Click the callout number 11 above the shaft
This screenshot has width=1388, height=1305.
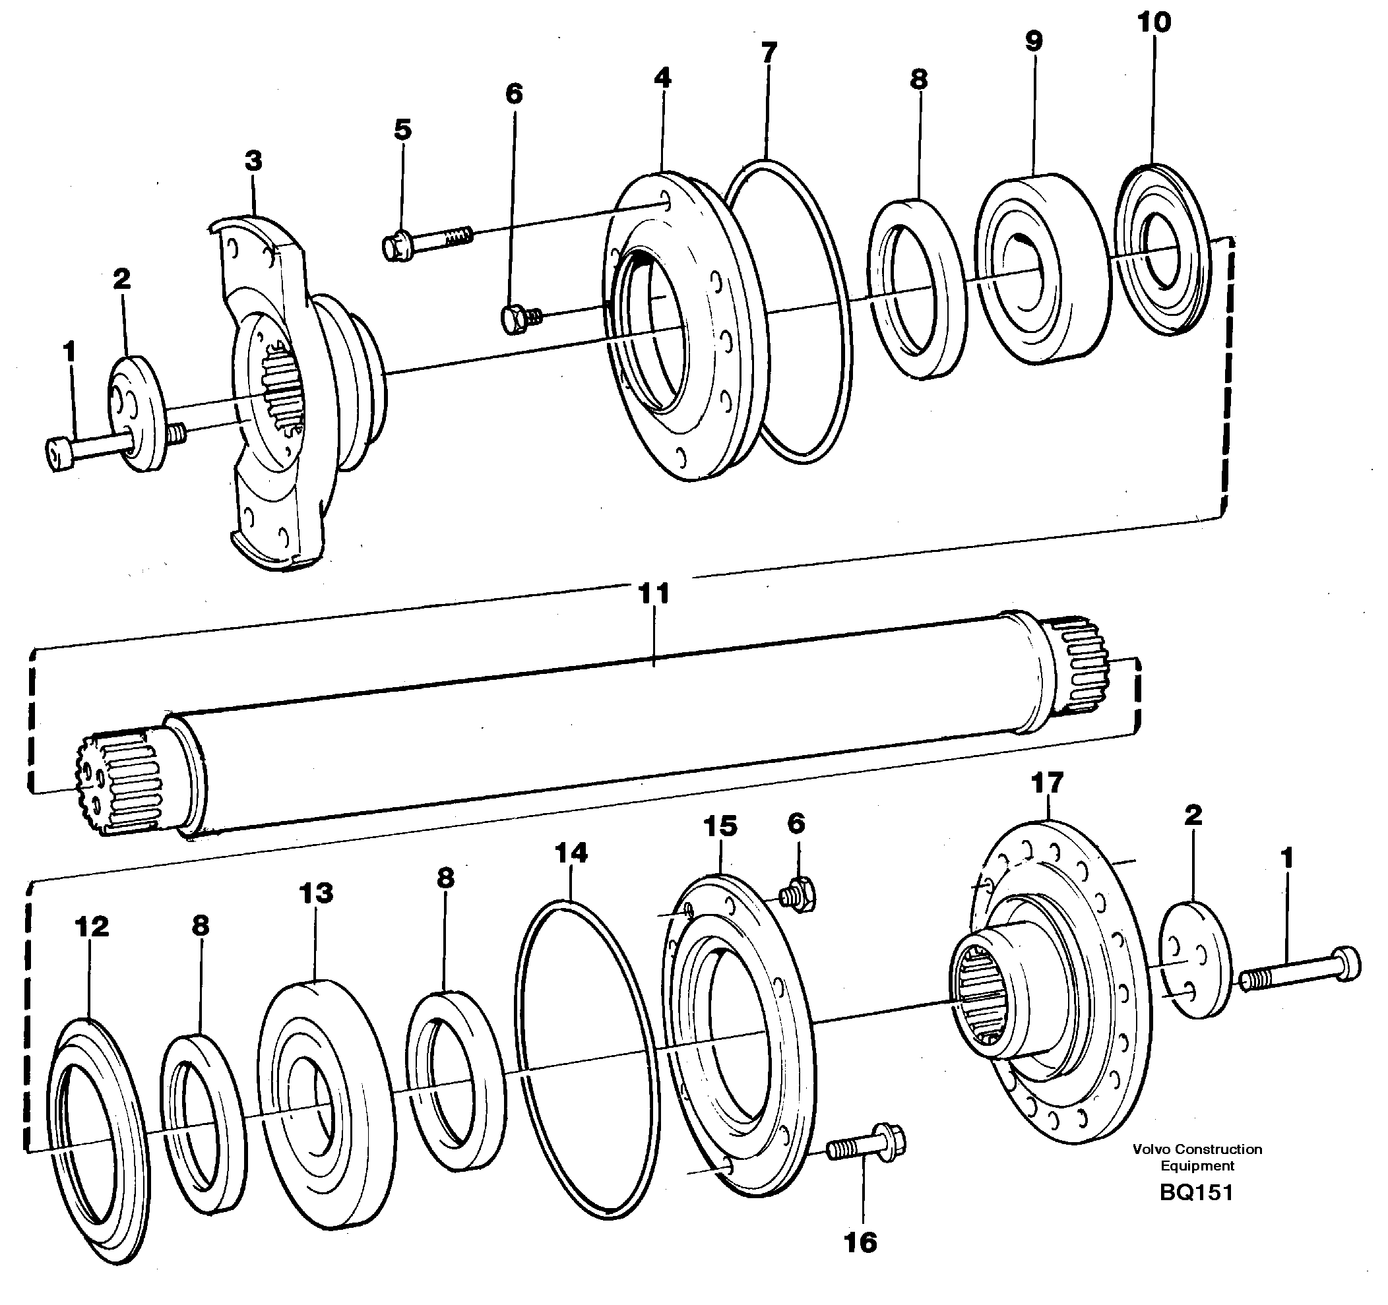(x=654, y=594)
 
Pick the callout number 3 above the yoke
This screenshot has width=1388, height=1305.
(x=253, y=161)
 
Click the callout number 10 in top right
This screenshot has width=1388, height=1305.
(x=1154, y=22)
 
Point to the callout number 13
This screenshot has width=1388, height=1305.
(x=316, y=893)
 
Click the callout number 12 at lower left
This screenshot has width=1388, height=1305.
(x=92, y=926)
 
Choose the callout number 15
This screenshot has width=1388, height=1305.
(x=720, y=826)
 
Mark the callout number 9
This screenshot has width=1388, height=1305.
(x=1033, y=40)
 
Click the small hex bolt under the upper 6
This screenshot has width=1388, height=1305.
(x=517, y=319)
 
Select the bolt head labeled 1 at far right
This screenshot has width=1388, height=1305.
(x=1344, y=963)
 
